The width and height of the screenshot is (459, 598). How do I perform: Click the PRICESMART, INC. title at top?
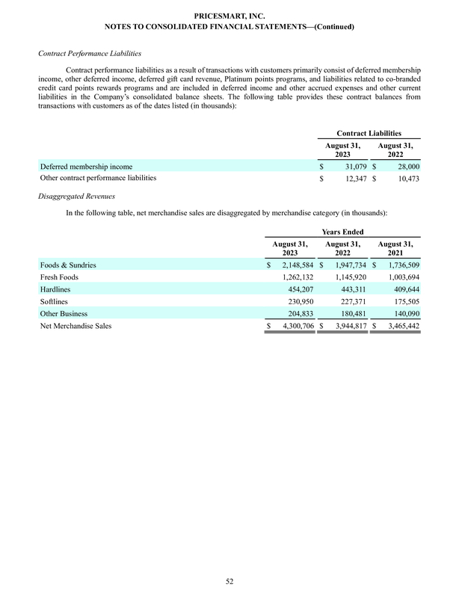point(229,15)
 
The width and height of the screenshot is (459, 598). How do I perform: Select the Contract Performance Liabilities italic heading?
point(85,55)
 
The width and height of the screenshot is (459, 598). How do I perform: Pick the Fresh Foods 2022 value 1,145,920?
point(348,277)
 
